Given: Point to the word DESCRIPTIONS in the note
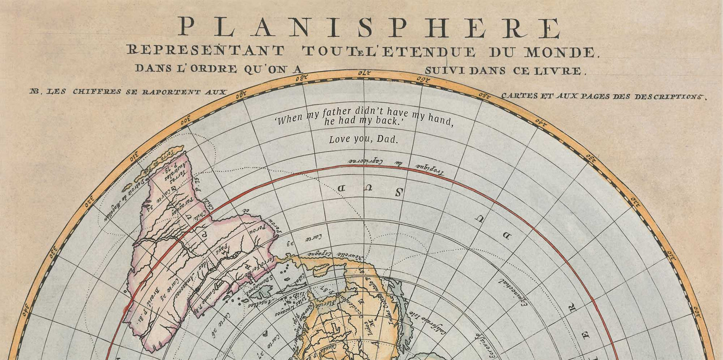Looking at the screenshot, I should coord(669,97).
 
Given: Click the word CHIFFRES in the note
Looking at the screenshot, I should coord(97,92).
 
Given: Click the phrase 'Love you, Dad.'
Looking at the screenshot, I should coord(364,139).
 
